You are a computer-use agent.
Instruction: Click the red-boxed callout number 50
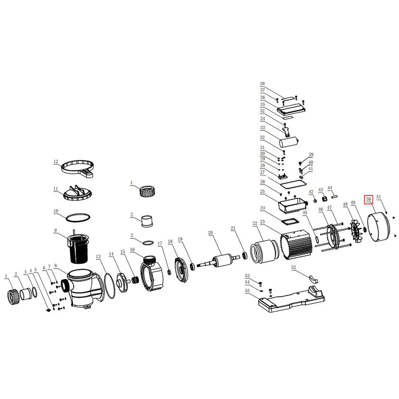[x=369, y=199]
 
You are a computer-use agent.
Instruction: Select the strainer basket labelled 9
[x=78, y=248]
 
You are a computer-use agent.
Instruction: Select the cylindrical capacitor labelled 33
[x=289, y=142]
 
